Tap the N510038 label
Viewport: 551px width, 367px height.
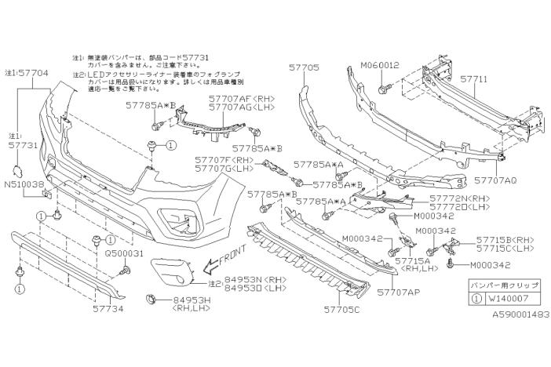[24, 185]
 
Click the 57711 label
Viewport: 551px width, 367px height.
[475, 78]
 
